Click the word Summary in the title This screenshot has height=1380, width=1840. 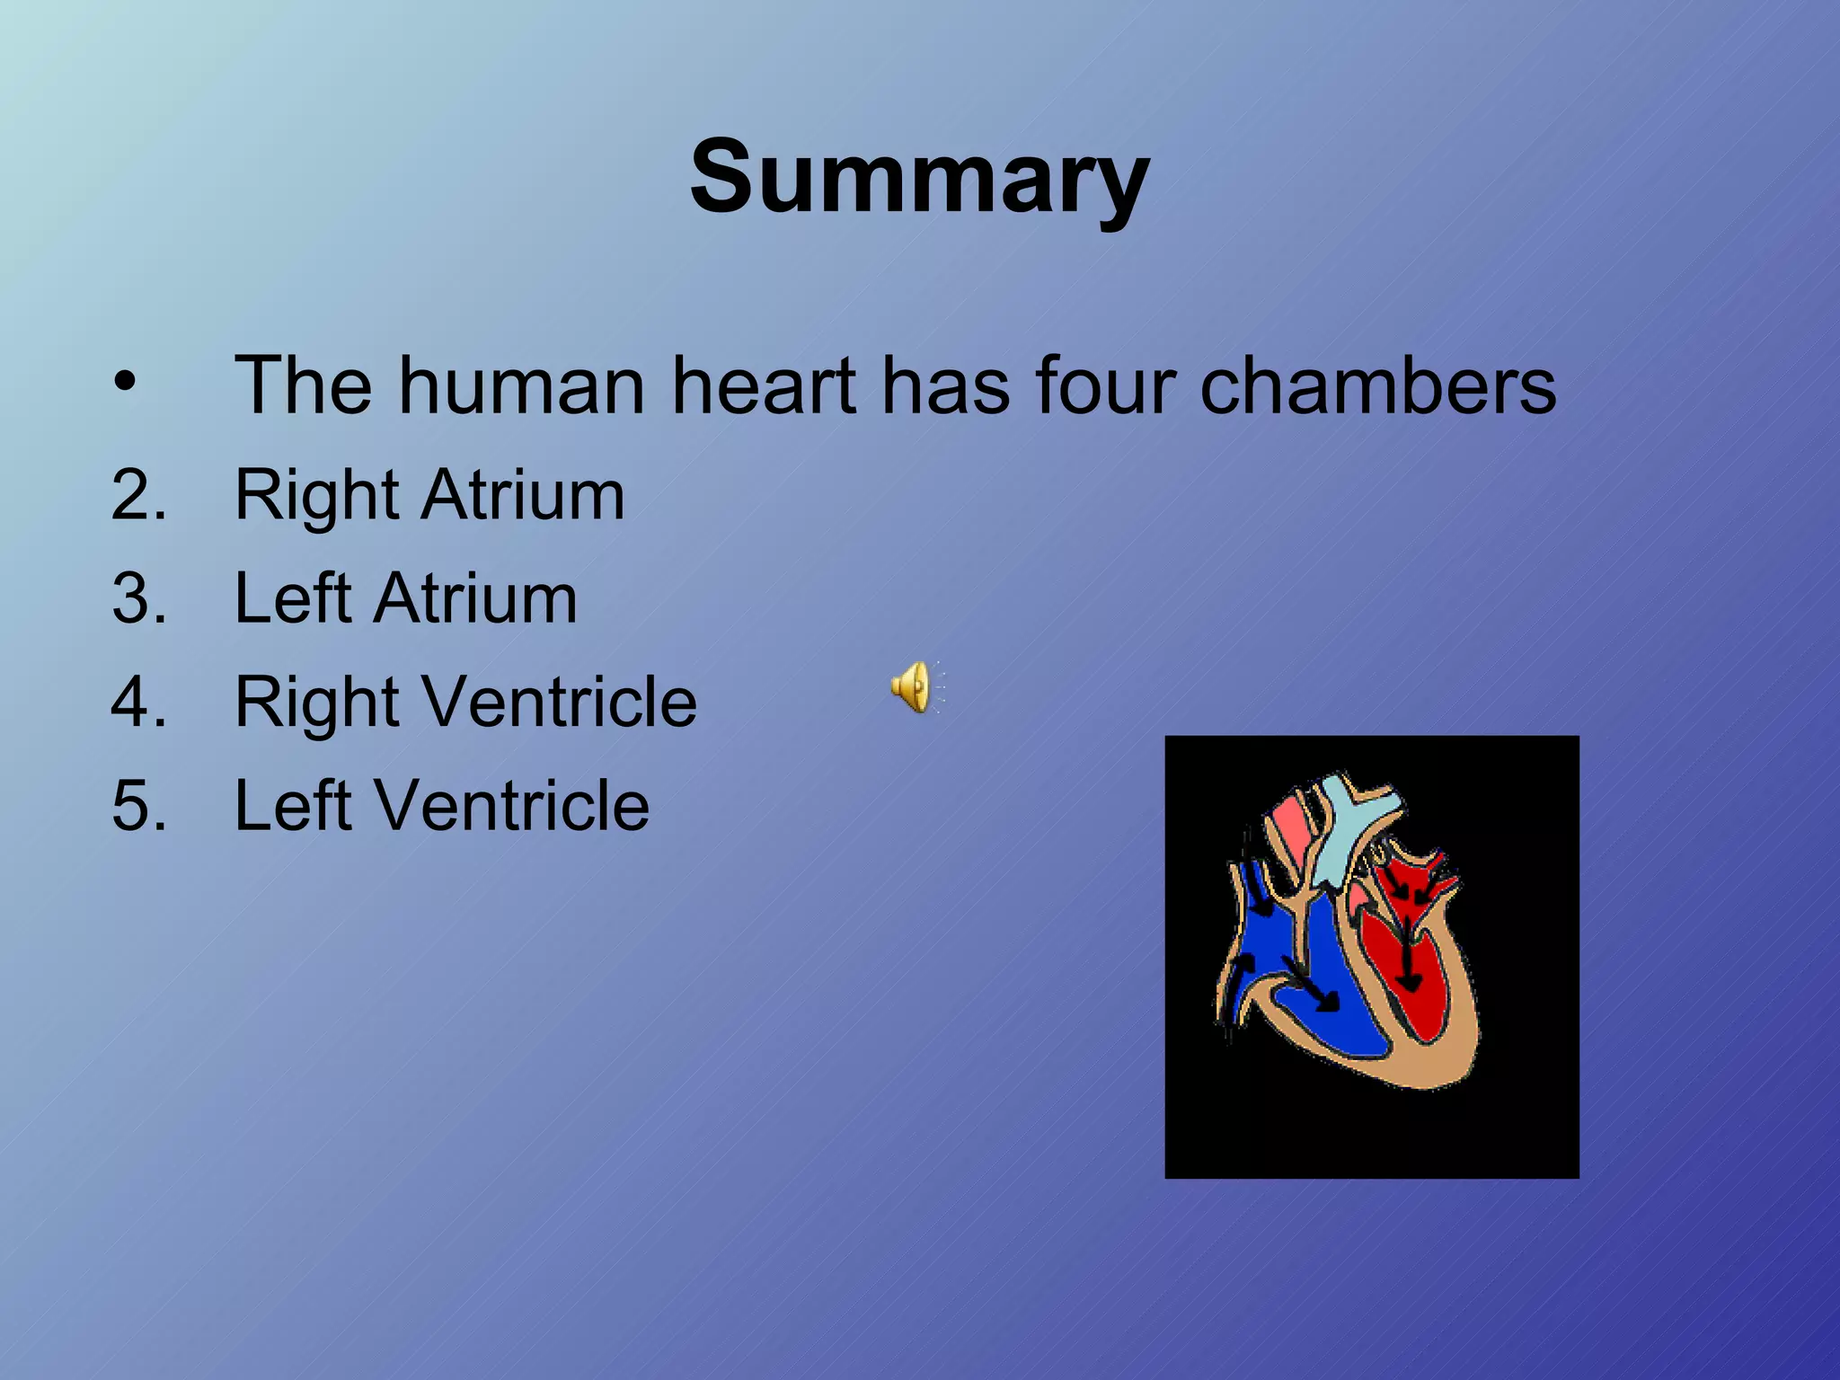tap(919, 177)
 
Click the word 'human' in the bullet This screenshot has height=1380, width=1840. tap(522, 385)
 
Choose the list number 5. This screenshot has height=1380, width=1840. tap(139, 805)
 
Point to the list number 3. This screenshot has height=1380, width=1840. tap(139, 598)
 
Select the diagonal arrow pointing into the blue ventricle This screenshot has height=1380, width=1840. tap(1312, 984)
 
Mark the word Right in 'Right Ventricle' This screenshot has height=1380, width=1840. tap(315, 702)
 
